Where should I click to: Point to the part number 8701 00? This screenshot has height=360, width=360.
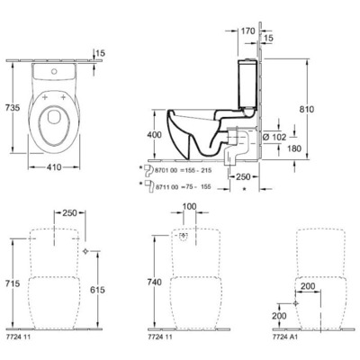(167, 168)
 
